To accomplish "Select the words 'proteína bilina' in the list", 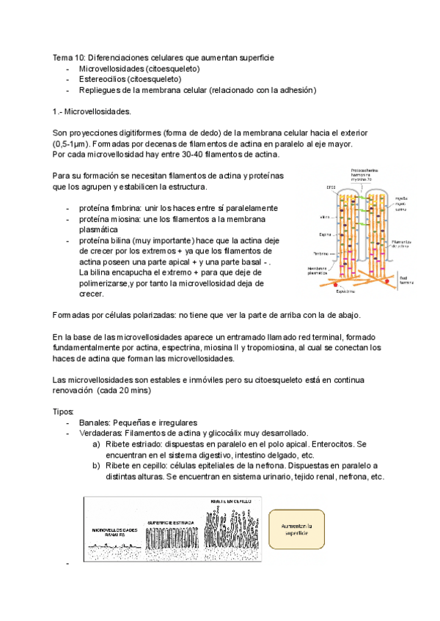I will click(105, 240).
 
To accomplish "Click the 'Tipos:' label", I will click(64, 412).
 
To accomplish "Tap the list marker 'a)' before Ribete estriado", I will click(96, 445).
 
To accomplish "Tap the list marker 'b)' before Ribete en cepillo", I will click(96, 466).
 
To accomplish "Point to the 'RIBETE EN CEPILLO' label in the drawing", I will click(233, 502).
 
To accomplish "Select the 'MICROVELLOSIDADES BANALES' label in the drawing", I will click(120, 532).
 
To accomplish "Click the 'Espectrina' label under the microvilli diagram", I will click(346, 290).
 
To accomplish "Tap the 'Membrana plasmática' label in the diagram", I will click(319, 271).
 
